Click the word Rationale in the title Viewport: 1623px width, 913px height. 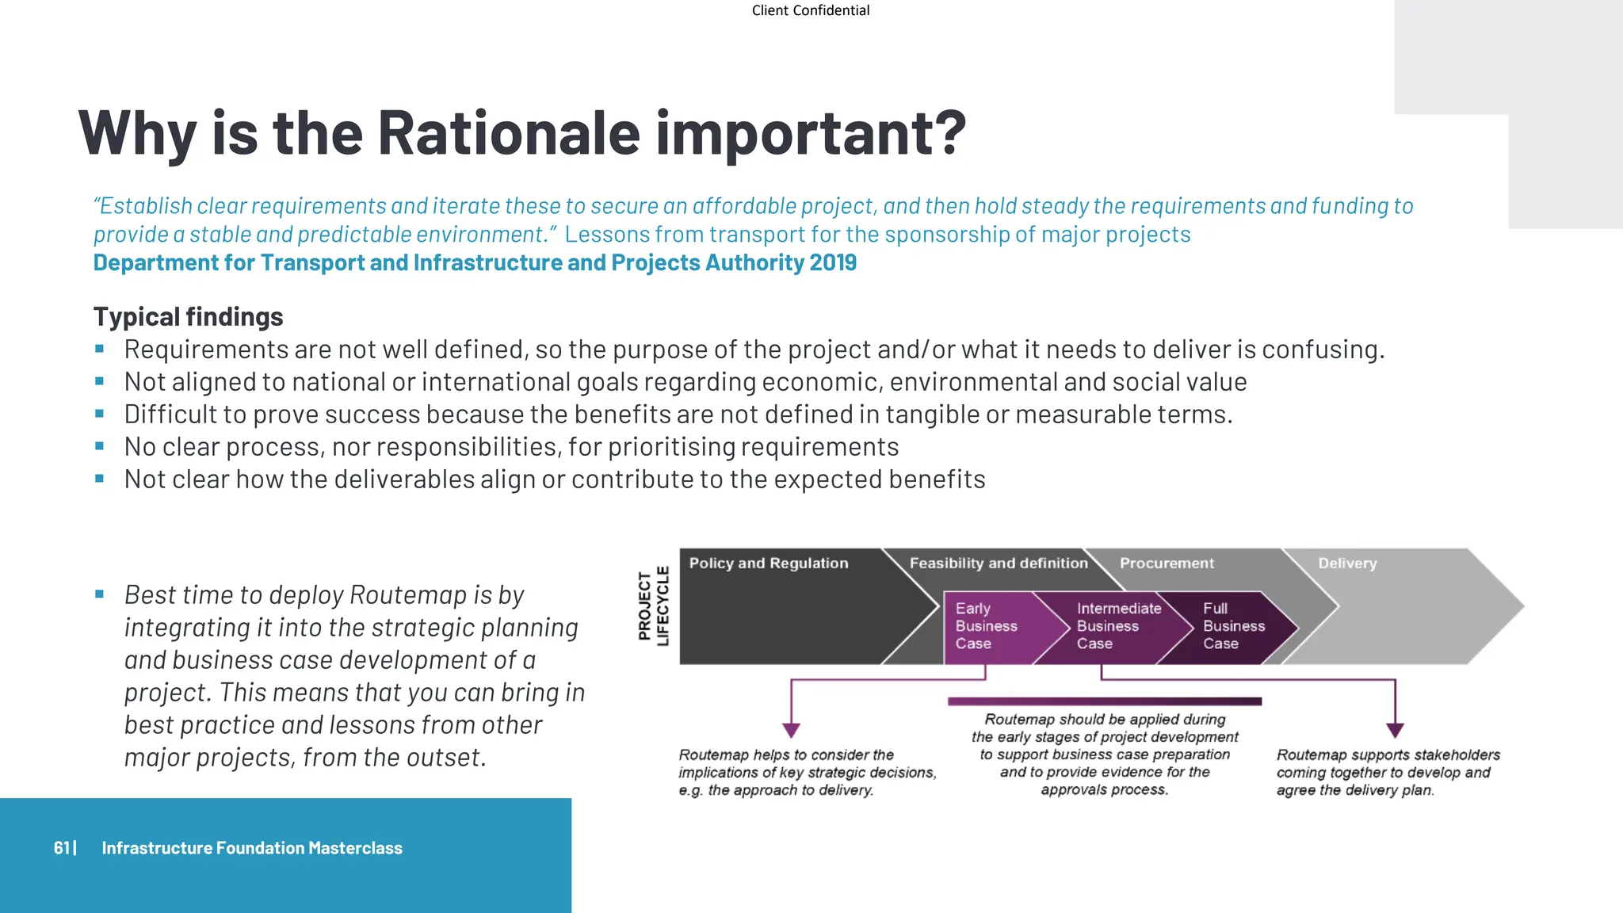tap(508, 133)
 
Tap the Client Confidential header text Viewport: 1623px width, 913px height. tap(810, 10)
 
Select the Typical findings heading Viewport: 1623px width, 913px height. tap(188, 317)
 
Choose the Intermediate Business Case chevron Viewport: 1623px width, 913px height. tap(1117, 626)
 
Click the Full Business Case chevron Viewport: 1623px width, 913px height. tap(1233, 626)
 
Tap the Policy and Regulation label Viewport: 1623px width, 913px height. tap(768, 563)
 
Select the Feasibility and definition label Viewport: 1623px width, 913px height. tap(998, 563)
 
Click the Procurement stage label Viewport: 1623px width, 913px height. tap(1166, 563)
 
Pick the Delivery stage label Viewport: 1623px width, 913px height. tap(1346, 563)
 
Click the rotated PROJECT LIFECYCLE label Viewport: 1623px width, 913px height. tap(654, 606)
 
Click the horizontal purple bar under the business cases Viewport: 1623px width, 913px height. tap(1104, 701)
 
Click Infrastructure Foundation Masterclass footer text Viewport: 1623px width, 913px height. tap(252, 848)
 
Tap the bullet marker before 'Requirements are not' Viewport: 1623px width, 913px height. tap(99, 349)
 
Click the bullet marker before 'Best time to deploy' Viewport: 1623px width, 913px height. tap(99, 594)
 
